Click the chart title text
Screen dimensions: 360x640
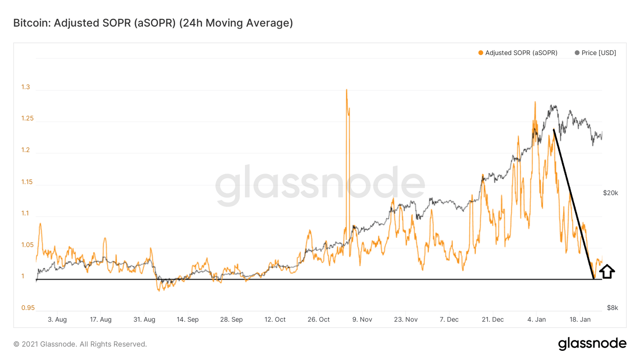coord(153,23)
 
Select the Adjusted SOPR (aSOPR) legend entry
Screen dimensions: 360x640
coord(517,53)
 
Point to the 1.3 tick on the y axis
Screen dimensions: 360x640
coord(26,87)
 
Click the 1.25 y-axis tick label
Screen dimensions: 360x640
coord(27,118)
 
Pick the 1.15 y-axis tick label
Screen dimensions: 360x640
coord(27,182)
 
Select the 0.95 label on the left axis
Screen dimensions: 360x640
coord(28,308)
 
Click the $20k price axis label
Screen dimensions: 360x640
coord(610,193)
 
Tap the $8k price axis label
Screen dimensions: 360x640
coord(612,308)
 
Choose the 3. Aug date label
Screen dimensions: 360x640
coord(57,320)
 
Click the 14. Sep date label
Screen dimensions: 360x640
coord(187,320)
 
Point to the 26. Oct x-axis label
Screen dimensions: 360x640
coord(318,320)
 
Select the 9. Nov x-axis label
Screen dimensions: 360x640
coord(362,320)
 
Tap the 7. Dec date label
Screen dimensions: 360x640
coord(449,320)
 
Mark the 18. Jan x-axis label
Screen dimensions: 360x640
coord(580,320)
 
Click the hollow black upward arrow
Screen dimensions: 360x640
coord(607,271)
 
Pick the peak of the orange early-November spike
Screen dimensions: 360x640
coord(346,90)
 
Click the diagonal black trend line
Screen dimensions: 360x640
coord(573,204)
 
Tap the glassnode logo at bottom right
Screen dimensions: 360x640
coord(592,343)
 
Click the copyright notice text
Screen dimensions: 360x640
coord(80,344)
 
